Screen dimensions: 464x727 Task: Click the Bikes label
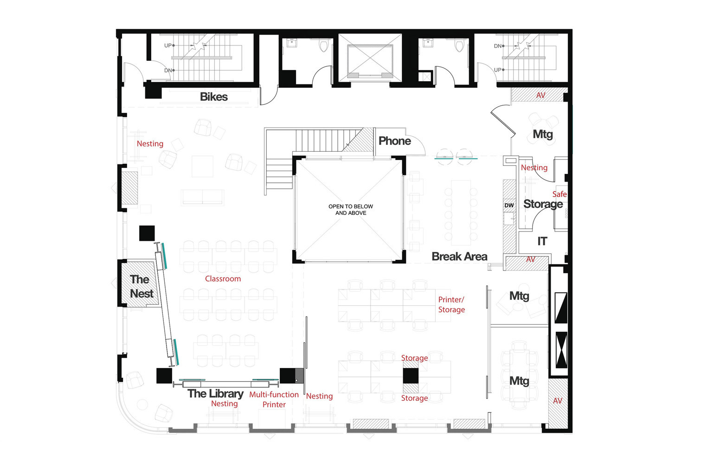(x=213, y=97)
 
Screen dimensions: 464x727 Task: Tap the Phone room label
(x=394, y=141)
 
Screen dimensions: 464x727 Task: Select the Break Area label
(x=459, y=257)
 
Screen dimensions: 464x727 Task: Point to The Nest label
(x=141, y=286)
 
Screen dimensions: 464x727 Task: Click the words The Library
(x=215, y=393)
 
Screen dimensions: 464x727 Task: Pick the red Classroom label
(x=223, y=279)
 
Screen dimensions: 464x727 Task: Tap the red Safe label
(x=559, y=194)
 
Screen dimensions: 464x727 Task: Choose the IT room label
(x=542, y=241)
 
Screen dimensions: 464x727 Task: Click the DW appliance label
(x=509, y=205)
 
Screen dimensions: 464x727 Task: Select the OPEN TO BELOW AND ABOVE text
(x=351, y=210)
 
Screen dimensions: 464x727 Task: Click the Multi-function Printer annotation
(x=274, y=400)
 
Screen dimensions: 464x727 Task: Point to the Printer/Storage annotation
(x=451, y=305)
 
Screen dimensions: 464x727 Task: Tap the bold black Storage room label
(x=543, y=204)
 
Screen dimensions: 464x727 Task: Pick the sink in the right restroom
(x=427, y=44)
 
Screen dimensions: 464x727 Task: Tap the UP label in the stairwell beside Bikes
(x=168, y=45)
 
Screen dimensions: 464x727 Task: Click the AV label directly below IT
(x=530, y=260)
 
